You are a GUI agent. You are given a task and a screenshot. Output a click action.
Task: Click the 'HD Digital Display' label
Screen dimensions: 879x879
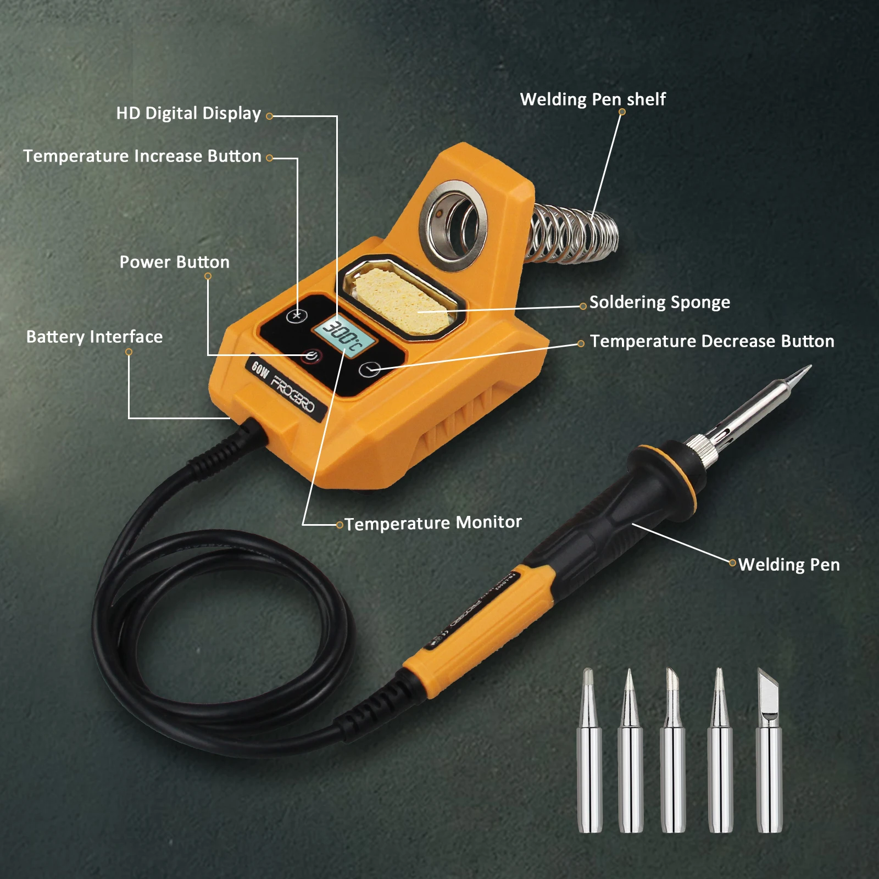188,113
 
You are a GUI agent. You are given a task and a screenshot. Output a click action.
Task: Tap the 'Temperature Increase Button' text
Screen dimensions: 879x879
142,156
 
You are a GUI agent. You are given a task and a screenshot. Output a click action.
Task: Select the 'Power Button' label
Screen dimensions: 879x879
174,262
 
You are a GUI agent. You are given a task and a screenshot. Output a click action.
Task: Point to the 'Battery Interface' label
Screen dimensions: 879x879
94,337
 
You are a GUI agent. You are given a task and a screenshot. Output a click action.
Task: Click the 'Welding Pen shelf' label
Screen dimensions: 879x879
592,99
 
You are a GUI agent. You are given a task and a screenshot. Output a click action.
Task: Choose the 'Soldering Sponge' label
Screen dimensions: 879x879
659,302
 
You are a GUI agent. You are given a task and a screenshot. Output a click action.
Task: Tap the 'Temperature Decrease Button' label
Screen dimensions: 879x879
712,341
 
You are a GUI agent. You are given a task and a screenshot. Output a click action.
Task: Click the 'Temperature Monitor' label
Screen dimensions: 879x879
433,522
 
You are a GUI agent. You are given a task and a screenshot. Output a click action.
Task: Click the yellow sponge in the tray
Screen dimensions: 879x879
401,299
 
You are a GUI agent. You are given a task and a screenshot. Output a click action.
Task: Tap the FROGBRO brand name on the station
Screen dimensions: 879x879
293,392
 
